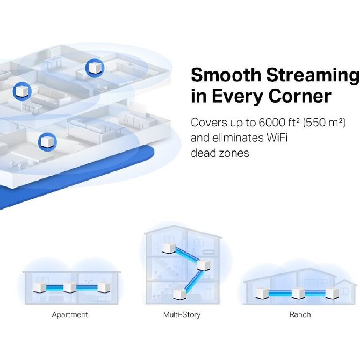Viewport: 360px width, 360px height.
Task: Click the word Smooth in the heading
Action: point(226,75)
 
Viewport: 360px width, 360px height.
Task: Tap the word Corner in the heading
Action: point(300,96)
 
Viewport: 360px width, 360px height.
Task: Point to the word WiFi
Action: point(277,138)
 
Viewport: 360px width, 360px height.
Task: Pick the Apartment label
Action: point(70,314)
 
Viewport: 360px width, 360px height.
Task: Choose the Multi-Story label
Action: point(182,314)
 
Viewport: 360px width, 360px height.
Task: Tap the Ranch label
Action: point(300,314)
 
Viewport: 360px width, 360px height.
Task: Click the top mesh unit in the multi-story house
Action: point(169,248)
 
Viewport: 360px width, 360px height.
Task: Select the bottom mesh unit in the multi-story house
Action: point(179,294)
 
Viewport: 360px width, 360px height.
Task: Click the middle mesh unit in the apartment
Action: point(70,287)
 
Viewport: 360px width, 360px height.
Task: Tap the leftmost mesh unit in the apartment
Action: point(39,287)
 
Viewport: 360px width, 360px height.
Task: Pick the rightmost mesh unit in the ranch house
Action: point(332,293)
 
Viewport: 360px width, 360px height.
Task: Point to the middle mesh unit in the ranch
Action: point(298,293)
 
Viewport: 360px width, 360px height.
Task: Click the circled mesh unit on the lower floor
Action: point(47,142)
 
